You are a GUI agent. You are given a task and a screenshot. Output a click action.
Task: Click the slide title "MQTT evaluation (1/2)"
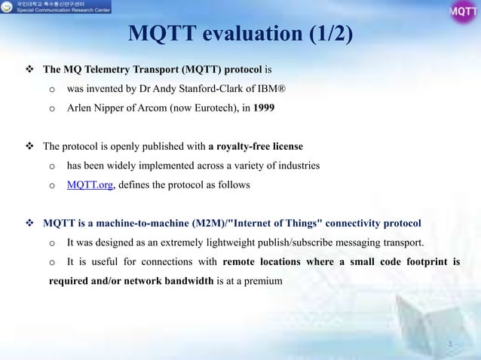(240, 34)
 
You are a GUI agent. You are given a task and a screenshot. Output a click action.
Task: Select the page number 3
(450, 344)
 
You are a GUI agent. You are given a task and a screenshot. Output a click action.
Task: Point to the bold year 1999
(264, 108)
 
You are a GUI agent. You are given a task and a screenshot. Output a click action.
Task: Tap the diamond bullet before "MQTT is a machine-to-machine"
(30, 224)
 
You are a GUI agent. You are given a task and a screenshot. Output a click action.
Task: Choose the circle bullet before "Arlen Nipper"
(52, 108)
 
